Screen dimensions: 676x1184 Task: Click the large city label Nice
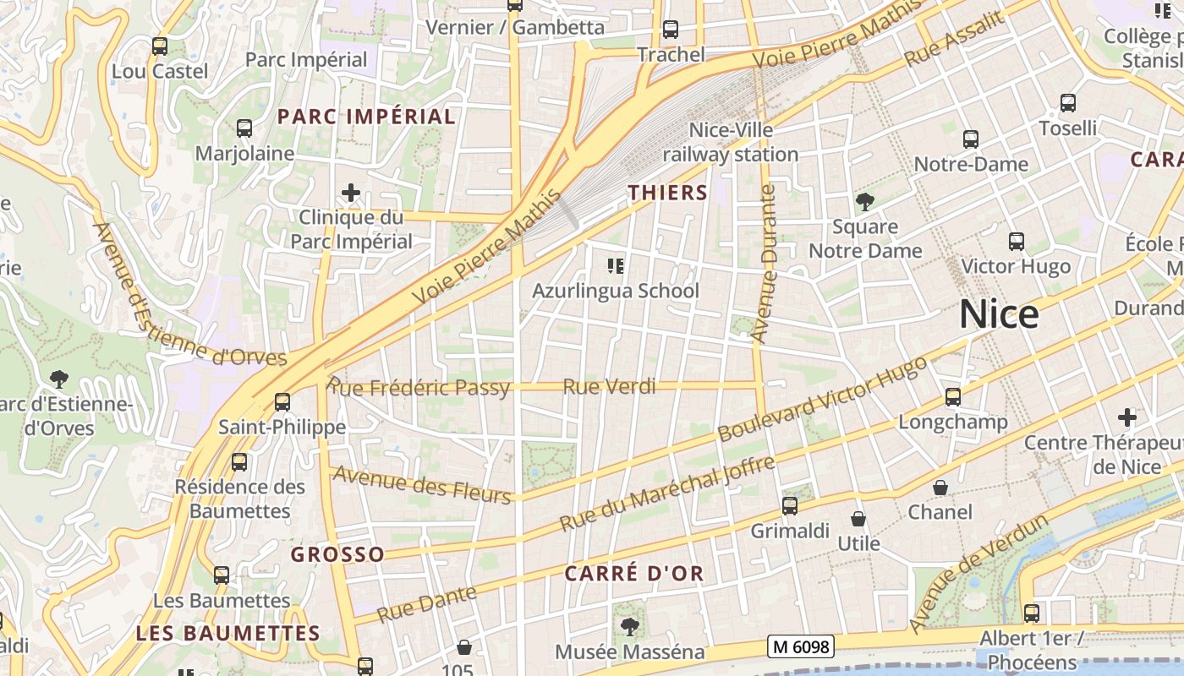point(999,314)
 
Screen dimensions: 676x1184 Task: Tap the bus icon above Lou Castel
point(160,46)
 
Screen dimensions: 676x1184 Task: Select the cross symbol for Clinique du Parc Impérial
point(351,193)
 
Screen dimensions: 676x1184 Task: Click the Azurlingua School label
point(615,291)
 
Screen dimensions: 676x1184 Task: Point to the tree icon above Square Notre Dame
point(864,201)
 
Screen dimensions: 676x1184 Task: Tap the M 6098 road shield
point(801,647)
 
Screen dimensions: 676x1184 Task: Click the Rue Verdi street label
point(609,387)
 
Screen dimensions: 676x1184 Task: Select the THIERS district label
point(667,193)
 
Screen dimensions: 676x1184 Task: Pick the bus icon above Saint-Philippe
point(282,402)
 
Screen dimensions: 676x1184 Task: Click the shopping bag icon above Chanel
point(940,488)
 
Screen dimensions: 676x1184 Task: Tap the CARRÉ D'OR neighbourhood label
point(633,574)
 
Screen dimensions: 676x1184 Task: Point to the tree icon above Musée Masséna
point(629,626)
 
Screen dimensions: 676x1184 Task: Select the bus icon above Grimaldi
point(790,506)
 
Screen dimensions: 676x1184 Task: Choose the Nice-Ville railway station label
point(731,142)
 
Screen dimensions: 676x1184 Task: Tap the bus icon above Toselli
point(1068,103)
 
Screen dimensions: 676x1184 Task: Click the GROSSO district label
point(337,554)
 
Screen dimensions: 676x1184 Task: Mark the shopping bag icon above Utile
point(858,519)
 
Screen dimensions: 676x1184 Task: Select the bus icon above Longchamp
point(953,397)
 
